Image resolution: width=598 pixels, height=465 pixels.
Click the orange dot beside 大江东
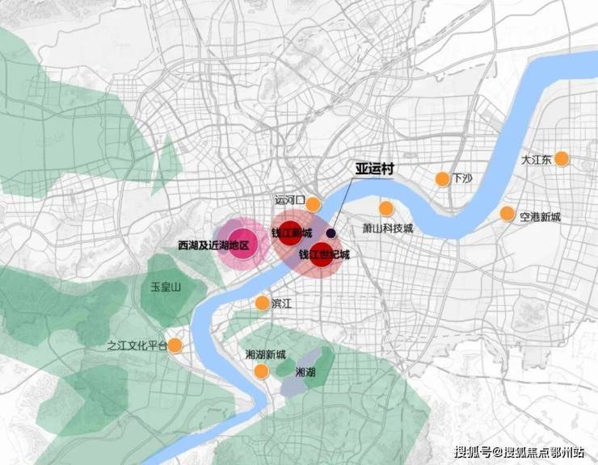pos(562,159)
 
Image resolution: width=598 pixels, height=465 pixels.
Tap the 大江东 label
pos(536,160)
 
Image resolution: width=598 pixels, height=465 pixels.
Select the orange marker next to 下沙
pos(442,178)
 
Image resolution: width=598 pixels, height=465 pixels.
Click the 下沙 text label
pos(462,178)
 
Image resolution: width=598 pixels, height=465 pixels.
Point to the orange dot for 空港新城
pos(507,214)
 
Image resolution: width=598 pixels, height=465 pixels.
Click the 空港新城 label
pos(541,216)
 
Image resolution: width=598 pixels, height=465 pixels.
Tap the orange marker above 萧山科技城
pos(386,208)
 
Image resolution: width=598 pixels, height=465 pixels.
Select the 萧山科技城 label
pos(387,228)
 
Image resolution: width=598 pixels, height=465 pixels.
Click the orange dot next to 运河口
pos(312,203)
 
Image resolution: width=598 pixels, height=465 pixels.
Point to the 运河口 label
pos(289,199)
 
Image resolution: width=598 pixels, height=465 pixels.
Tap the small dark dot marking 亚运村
pos(331,232)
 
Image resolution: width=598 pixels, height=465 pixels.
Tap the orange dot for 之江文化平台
pos(175,346)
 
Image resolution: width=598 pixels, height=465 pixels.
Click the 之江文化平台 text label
pos(136,346)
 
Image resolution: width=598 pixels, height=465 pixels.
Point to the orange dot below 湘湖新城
pos(261,371)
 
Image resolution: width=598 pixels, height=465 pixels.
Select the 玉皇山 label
pos(166,287)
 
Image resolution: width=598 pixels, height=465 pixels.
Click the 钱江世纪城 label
pos(324,255)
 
